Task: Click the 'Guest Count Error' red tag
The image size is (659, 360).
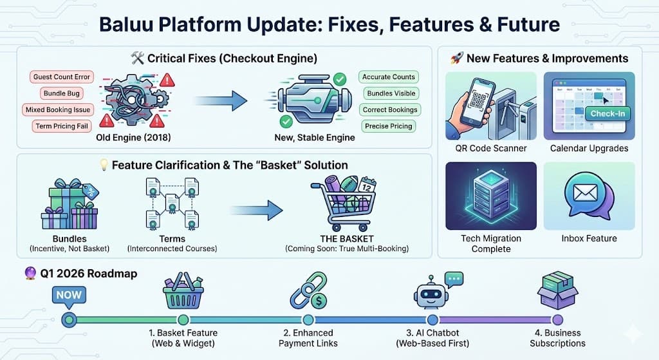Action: [x=61, y=77]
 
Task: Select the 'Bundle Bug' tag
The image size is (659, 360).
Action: [x=61, y=93]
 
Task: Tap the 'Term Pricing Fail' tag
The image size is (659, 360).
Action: [x=61, y=126]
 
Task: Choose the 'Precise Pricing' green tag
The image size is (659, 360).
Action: [x=389, y=126]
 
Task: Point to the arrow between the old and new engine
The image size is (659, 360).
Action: [x=221, y=100]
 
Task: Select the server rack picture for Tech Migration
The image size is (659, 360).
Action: [x=490, y=195]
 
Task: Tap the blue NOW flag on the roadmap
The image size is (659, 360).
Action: [x=68, y=296]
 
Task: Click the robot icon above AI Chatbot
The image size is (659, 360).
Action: [x=432, y=294]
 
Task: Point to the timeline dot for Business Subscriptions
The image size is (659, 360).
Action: [x=557, y=319]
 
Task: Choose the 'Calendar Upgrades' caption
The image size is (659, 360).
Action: [x=589, y=149]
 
